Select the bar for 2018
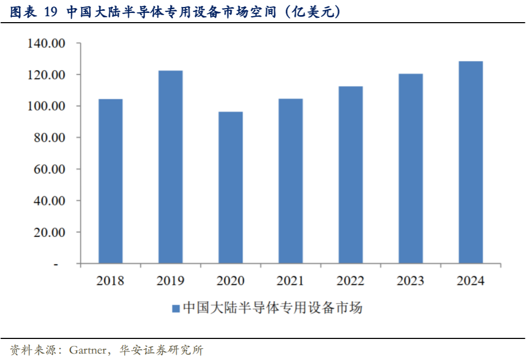(x=110, y=181)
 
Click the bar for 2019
(x=170, y=167)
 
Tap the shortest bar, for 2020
(x=231, y=188)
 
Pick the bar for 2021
(x=291, y=181)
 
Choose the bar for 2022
(x=350, y=175)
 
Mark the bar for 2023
(x=410, y=169)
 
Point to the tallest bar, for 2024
(x=470, y=162)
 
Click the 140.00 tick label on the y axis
(x=46, y=44)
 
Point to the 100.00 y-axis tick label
(x=46, y=106)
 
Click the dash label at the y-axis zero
(x=56, y=264)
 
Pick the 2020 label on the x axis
(x=231, y=281)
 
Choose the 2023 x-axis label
(x=410, y=281)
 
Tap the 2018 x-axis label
(x=110, y=281)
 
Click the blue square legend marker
(x=176, y=309)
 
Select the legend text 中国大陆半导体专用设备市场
(x=273, y=308)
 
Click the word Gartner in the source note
(x=87, y=350)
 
